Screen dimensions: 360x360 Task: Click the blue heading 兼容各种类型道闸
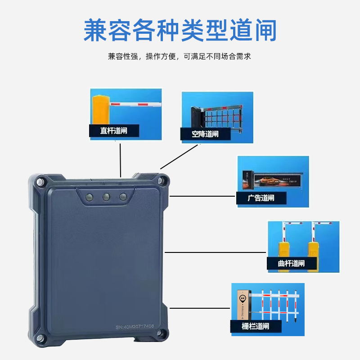[x=180, y=30]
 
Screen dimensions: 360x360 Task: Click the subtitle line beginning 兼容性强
[x=180, y=57]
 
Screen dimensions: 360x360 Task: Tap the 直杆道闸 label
[x=113, y=131]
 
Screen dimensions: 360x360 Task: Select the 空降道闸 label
[x=205, y=134]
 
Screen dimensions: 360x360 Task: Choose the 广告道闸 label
[x=261, y=198]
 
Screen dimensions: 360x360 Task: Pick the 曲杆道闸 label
[x=292, y=263]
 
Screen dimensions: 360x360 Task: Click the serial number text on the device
[x=135, y=326]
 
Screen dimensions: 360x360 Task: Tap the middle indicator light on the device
[x=107, y=197]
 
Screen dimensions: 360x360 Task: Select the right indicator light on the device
[x=123, y=197]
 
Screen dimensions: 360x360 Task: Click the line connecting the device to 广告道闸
[x=202, y=196]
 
